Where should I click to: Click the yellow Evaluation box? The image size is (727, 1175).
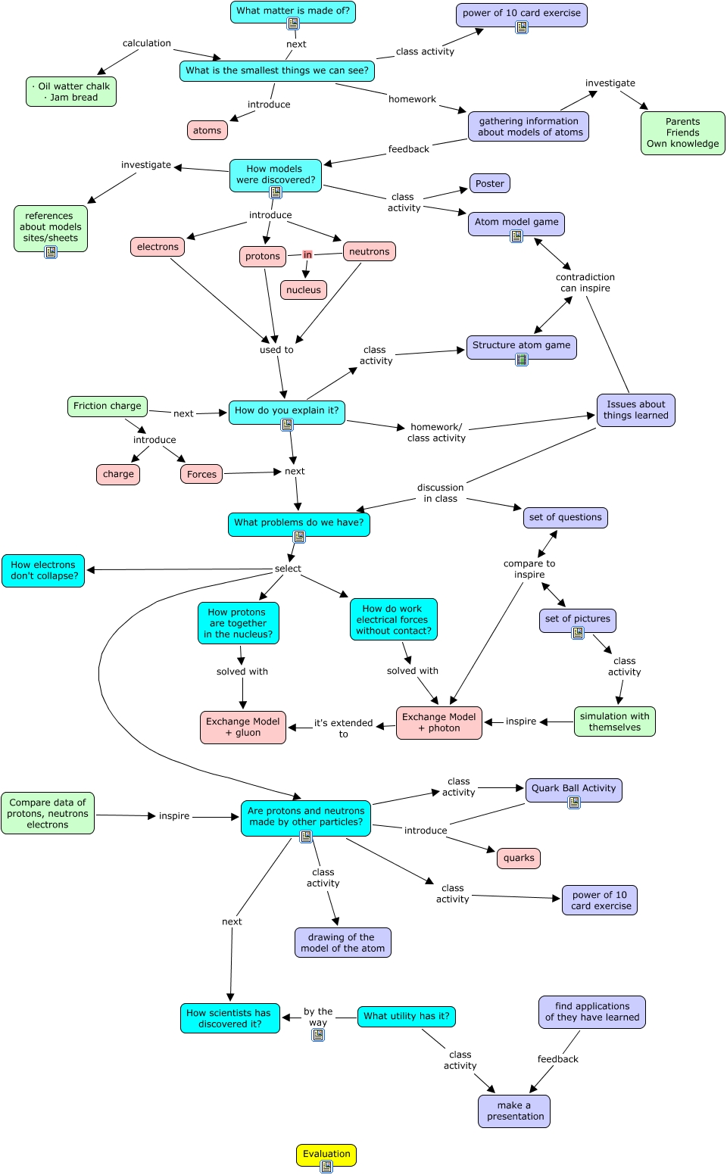(326, 1154)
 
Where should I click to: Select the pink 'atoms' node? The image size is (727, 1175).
(207, 130)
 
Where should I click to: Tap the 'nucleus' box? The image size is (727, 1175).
(304, 289)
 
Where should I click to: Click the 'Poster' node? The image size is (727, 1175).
(490, 183)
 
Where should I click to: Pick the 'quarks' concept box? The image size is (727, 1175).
(519, 859)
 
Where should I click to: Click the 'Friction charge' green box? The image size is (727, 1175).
(108, 406)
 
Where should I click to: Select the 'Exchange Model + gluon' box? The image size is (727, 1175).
(243, 727)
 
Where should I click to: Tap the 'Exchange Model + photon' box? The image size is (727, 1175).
(439, 723)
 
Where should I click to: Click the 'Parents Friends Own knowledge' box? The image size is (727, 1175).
(683, 132)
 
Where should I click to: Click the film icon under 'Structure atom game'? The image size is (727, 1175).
(521, 360)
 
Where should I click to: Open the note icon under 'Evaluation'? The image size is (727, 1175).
(326, 1166)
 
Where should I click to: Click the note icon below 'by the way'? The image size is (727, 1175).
(318, 1034)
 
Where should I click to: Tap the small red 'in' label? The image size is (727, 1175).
(307, 255)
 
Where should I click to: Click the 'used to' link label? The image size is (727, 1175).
(276, 350)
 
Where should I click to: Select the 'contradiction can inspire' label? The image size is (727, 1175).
(585, 282)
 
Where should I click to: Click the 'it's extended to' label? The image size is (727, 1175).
(344, 728)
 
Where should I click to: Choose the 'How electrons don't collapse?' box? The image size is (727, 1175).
(43, 571)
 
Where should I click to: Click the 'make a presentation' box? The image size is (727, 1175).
(514, 1111)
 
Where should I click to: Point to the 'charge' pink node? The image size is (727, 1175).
(118, 474)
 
